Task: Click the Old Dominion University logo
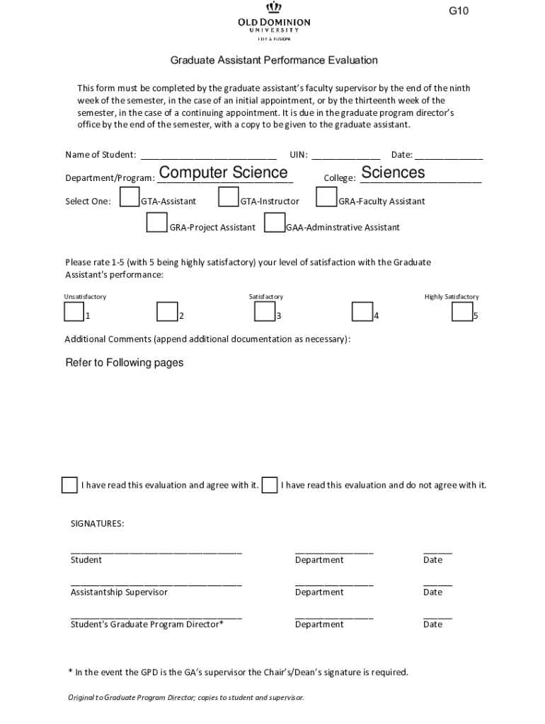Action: [273, 21]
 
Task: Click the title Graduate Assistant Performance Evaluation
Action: [273, 61]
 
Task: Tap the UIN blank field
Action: [345, 156]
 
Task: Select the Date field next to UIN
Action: [448, 156]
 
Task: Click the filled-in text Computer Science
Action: [223, 173]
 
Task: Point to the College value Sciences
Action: [393, 173]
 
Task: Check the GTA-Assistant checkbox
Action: [130, 197]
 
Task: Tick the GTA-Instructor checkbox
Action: [229, 197]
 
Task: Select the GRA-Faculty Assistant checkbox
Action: [326, 197]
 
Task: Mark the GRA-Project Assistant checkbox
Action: [156, 223]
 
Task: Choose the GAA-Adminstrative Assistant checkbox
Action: [274, 223]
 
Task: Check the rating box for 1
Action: [74, 312]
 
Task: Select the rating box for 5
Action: [462, 312]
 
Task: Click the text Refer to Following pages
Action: [125, 363]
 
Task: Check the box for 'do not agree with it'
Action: [269, 485]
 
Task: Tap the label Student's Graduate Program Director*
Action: [147, 624]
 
